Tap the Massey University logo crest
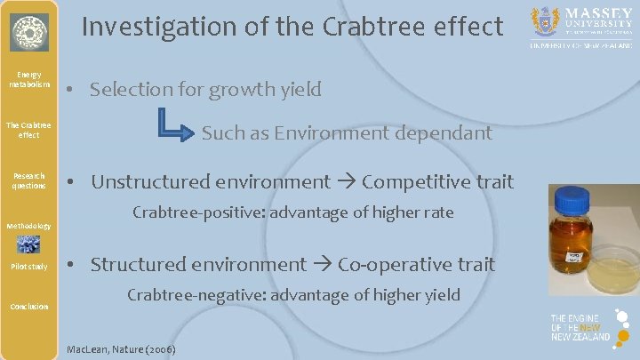545,20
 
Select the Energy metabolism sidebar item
29,79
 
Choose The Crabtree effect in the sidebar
29,130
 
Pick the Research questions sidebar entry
29,180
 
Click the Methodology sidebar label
29,226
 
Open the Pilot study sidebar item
29,267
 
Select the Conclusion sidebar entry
29,307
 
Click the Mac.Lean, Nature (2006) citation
122,348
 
